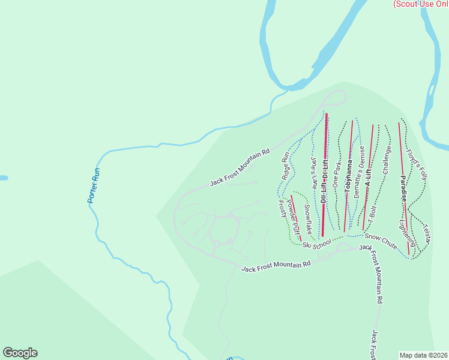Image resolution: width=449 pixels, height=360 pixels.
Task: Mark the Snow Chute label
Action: pyautogui.click(x=381, y=241)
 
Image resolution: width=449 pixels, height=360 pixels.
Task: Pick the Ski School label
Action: pyautogui.click(x=317, y=244)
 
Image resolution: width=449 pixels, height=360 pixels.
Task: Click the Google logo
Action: pyautogui.click(x=20, y=353)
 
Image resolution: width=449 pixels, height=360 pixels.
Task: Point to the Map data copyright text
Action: pyautogui.click(x=424, y=355)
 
